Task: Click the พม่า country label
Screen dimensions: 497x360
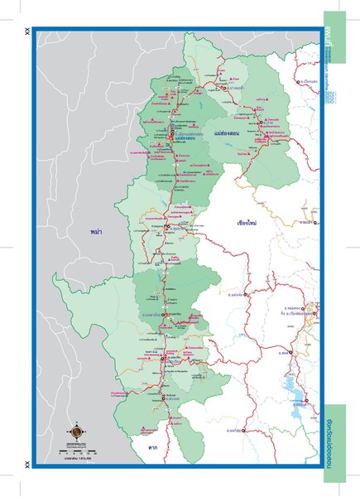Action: (x=101, y=224)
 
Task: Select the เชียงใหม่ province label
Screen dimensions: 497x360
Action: (x=249, y=223)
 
